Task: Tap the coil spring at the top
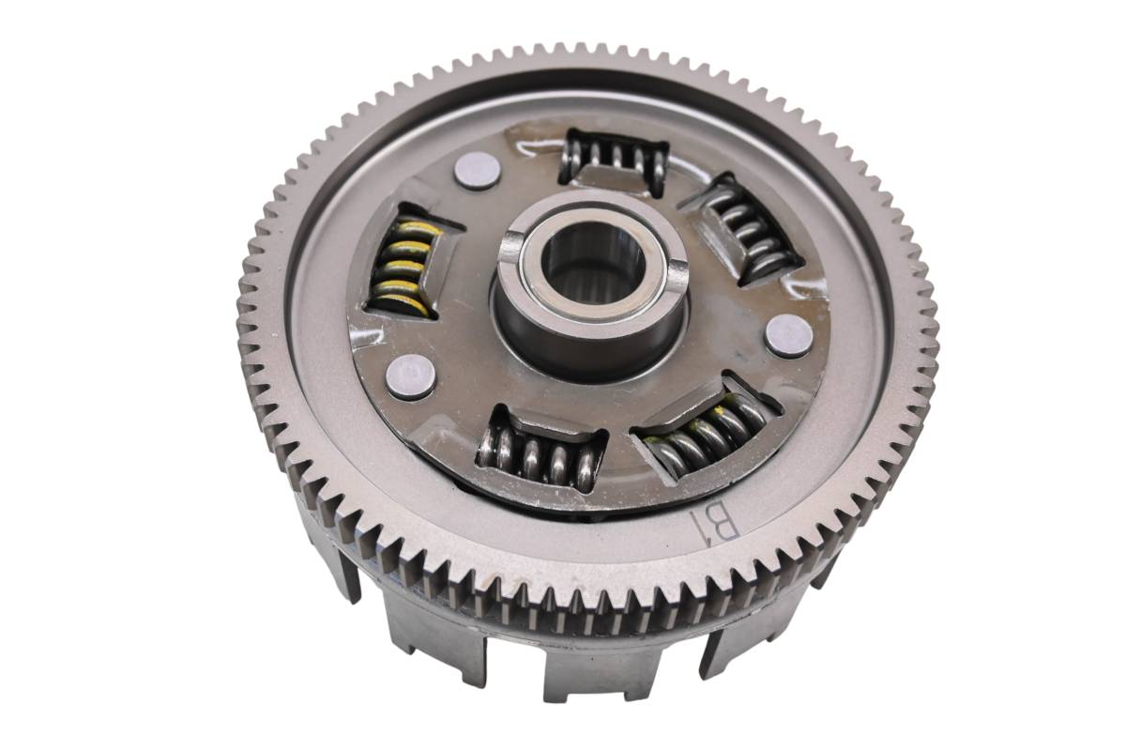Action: (x=616, y=157)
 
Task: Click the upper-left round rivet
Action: (x=477, y=171)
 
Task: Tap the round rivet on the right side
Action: (x=789, y=336)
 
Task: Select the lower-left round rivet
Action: (x=411, y=376)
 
